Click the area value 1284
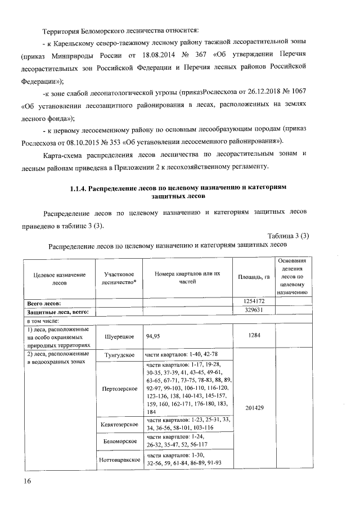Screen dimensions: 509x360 tap(253, 336)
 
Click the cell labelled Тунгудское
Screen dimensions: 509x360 tap(119, 356)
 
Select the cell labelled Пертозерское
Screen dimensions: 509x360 tap(119, 389)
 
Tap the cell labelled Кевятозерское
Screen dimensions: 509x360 tap(119, 423)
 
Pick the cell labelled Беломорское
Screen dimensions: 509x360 tap(119, 442)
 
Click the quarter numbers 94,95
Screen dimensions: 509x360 tap(154, 336)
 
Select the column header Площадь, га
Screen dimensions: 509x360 tap(253, 277)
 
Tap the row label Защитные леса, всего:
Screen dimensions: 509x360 tap(54, 311)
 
